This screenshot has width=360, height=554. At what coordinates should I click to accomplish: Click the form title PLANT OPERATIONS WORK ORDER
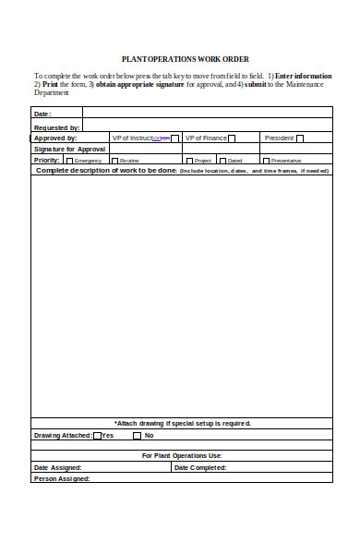(186, 58)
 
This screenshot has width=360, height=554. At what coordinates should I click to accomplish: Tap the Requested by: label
(56, 127)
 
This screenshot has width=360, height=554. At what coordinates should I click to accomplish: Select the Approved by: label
(55, 138)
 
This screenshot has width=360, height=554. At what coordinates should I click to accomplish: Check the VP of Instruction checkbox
(175, 138)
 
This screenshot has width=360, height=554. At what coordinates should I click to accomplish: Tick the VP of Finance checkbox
(232, 138)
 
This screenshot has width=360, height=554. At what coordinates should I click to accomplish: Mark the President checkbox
(300, 138)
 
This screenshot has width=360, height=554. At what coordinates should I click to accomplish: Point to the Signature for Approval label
(70, 149)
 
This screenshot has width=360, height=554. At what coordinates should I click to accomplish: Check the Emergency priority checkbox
(69, 161)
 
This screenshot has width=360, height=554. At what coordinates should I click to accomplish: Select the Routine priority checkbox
(114, 161)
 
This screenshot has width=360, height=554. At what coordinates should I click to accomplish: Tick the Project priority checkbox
(189, 161)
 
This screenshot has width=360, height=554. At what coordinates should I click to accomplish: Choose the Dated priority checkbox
(222, 161)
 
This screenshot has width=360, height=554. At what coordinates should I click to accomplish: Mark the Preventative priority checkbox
(267, 161)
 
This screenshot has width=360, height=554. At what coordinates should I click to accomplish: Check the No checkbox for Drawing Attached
(138, 436)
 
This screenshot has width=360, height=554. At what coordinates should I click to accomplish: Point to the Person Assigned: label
(62, 479)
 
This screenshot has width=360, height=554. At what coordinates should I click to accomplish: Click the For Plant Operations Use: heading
(182, 456)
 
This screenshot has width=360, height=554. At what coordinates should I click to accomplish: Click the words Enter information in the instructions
(303, 75)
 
